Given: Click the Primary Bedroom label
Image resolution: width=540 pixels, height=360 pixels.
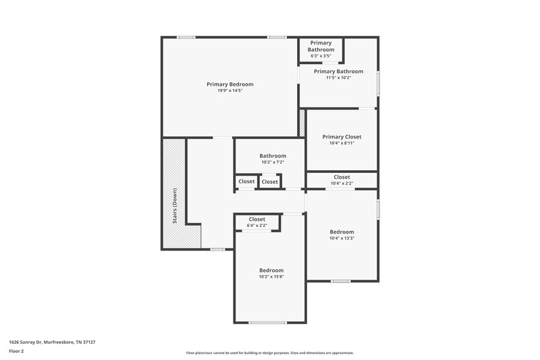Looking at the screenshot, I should [x=230, y=84].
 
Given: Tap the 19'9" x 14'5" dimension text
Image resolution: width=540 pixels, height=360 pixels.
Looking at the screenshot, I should [x=230, y=91].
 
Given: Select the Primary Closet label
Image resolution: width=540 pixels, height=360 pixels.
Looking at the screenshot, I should [x=342, y=136].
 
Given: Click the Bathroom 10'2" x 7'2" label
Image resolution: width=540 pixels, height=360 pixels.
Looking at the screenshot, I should [x=273, y=155].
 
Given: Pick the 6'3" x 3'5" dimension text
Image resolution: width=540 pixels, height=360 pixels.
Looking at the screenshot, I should [x=321, y=56].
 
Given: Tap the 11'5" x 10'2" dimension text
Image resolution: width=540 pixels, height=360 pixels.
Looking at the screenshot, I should [x=338, y=78].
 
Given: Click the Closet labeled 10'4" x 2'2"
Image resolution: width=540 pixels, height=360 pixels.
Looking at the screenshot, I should [x=342, y=177].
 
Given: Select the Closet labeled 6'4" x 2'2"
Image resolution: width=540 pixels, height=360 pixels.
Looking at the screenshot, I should [x=256, y=219].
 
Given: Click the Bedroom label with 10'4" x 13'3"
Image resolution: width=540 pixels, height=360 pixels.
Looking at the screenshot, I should [x=342, y=232].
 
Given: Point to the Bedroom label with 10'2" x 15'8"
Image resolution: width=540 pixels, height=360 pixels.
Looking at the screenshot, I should [x=271, y=270].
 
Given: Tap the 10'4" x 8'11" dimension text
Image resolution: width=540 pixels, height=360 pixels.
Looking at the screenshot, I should [x=342, y=143].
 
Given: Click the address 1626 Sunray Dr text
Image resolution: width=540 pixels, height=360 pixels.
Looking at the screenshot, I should [x=52, y=342].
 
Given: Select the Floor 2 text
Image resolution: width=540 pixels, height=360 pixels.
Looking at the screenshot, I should [x=16, y=351].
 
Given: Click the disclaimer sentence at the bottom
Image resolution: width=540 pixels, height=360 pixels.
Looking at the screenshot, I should [x=269, y=353].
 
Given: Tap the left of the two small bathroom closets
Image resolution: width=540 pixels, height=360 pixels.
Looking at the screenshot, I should [x=246, y=181].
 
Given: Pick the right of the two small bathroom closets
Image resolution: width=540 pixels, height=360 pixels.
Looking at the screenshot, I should [x=269, y=181].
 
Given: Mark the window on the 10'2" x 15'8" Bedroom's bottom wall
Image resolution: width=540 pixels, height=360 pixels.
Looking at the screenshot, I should [x=267, y=323].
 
